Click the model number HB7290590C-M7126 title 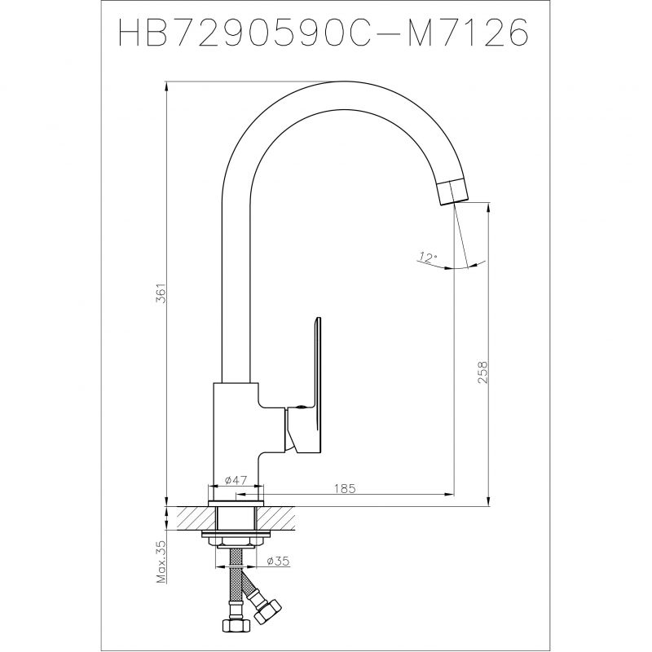tap(324, 32)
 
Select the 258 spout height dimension tap(482, 372)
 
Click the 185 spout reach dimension tap(345, 488)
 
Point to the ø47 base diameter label tap(236, 480)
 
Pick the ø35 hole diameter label tap(278, 562)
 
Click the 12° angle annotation tap(428, 258)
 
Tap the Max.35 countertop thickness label tap(161, 562)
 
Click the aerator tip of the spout tap(453, 192)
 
